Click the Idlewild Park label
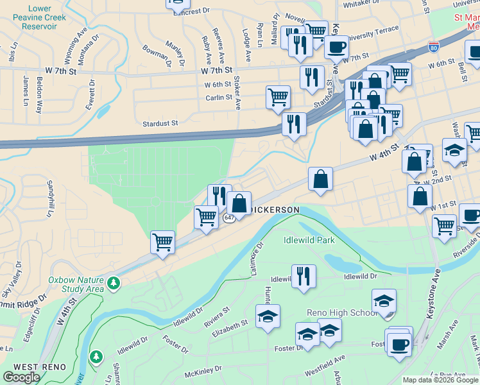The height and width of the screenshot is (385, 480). [309, 241]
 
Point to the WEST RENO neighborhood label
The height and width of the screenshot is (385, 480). [37, 366]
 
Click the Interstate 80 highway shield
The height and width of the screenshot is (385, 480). [434, 46]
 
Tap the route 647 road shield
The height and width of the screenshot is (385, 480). [228, 218]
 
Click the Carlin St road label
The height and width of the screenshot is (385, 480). [219, 98]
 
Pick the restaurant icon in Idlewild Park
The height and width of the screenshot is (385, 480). [304, 276]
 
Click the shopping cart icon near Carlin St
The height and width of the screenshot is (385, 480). [278, 98]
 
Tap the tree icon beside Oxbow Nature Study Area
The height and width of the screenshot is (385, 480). [114, 283]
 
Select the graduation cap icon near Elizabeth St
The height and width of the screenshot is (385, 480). [268, 315]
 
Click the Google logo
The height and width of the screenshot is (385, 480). [22, 377]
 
